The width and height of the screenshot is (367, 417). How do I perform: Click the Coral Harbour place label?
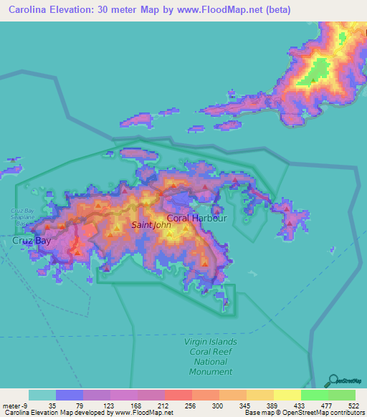click(196, 218)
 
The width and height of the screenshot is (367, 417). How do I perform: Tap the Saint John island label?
click(152, 225)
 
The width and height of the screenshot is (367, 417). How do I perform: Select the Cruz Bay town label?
click(32, 241)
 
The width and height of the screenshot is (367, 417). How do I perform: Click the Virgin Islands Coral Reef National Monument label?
click(211, 356)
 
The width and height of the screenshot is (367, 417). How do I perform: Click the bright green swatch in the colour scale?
click(314, 395)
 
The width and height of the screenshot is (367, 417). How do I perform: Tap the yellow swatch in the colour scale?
click(287, 395)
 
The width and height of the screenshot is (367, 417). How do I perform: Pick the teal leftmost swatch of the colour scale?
click(42, 395)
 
